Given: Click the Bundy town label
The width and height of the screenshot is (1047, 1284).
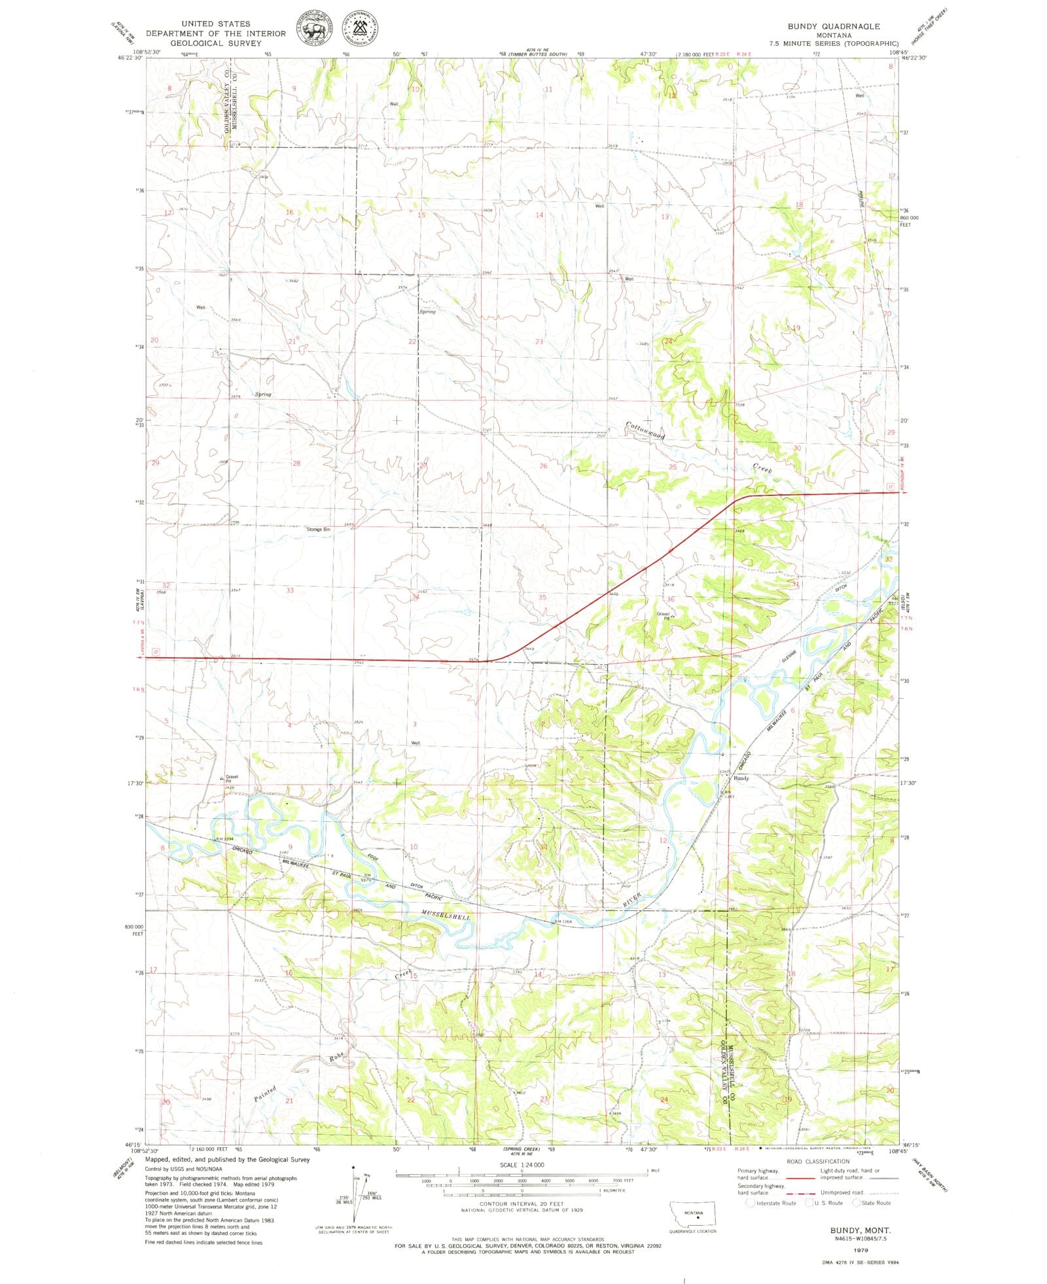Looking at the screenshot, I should click(741, 778).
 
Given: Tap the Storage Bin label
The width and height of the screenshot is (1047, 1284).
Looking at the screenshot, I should click(319, 529).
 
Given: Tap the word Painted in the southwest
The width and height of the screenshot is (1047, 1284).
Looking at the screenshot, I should click(266, 1094).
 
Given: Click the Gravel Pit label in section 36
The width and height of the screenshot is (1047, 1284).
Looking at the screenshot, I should click(664, 615).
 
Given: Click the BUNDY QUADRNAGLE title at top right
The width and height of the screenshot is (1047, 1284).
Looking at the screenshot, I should click(833, 26).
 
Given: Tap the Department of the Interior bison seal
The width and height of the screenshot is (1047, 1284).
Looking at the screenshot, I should click(314, 29).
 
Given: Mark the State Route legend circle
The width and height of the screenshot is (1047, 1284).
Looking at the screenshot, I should click(856, 1203).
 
